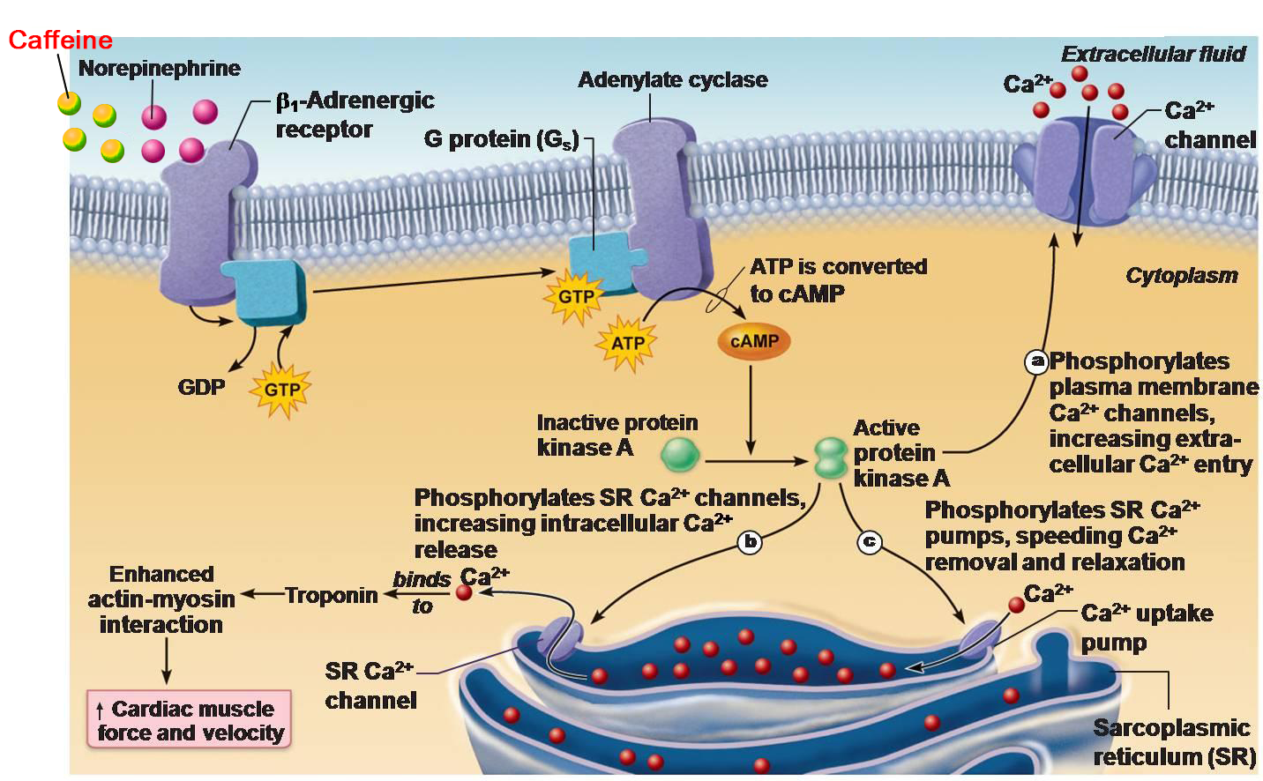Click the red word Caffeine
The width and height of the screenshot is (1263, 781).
pos(60,40)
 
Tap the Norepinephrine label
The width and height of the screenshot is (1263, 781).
pos(159,68)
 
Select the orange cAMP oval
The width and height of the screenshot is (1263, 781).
pos(754,342)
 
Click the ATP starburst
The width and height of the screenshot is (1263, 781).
pos(627,343)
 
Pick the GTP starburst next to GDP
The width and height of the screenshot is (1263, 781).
pos(281,389)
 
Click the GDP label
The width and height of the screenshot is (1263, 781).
pos(201,387)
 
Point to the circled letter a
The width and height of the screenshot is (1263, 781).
pos(1036,361)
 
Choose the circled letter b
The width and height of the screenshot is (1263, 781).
pos(750,541)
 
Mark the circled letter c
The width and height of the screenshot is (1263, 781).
pos(870,541)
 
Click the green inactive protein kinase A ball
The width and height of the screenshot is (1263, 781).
pos(680,454)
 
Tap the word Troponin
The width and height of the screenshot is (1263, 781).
pos(331,595)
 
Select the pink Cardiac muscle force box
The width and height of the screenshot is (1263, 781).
pos(190,720)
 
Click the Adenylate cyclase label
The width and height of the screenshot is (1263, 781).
pos(672,80)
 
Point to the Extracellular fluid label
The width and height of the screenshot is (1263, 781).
pos(1153,55)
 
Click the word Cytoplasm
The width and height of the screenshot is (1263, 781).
pos(1181,276)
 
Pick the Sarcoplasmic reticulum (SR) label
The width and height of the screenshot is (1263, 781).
pos(1173,741)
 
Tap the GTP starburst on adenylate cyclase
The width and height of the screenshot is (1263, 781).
pos(576,297)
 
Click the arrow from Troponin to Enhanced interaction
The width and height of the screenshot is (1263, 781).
pos(262,595)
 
